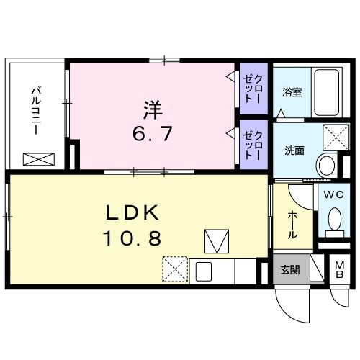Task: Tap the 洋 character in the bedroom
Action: (x=151, y=110)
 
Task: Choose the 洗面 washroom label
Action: (x=293, y=151)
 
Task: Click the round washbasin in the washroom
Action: (x=327, y=165)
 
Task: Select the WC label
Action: (x=332, y=195)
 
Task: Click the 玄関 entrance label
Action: (x=290, y=271)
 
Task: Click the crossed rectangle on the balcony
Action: (x=35, y=159)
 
